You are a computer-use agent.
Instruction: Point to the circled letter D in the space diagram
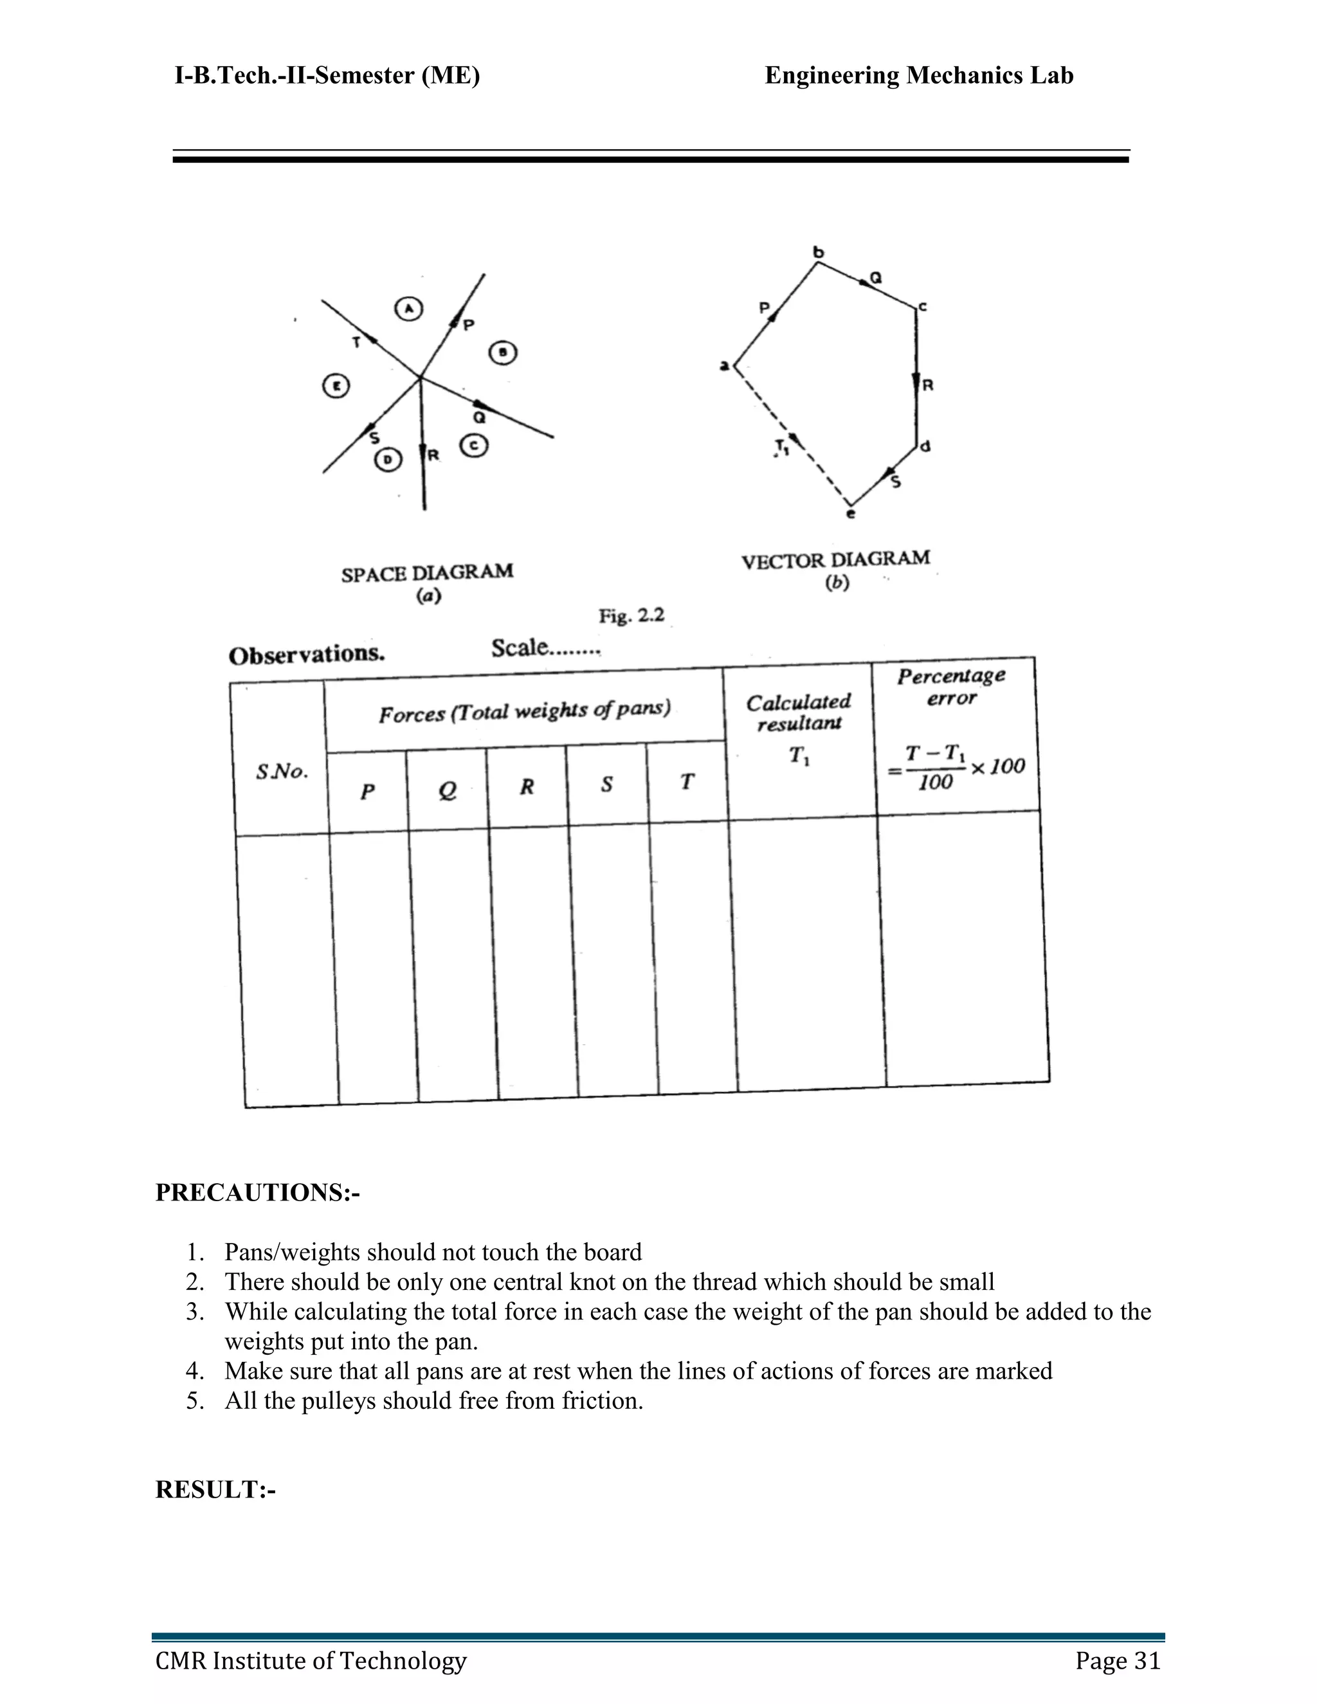click(388, 460)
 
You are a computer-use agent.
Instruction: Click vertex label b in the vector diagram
click(818, 252)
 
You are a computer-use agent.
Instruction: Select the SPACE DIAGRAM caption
click(428, 574)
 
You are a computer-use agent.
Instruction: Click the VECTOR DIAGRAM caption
click(835, 560)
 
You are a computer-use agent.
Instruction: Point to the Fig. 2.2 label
click(631, 617)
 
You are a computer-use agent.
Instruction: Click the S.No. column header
click(282, 772)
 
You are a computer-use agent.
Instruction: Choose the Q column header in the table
click(447, 791)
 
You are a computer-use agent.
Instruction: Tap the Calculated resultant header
click(798, 712)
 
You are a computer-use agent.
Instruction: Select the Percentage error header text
click(951, 686)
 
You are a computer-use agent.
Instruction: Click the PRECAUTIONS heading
click(257, 1193)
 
